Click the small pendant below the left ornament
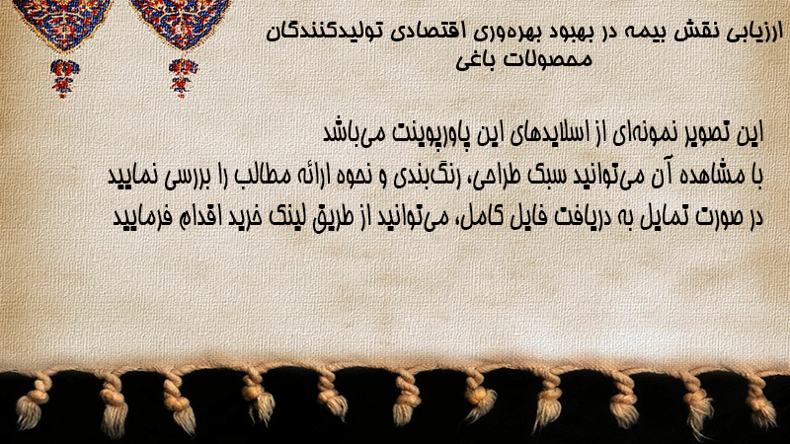click(64, 78)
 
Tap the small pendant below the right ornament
click(183, 77)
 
